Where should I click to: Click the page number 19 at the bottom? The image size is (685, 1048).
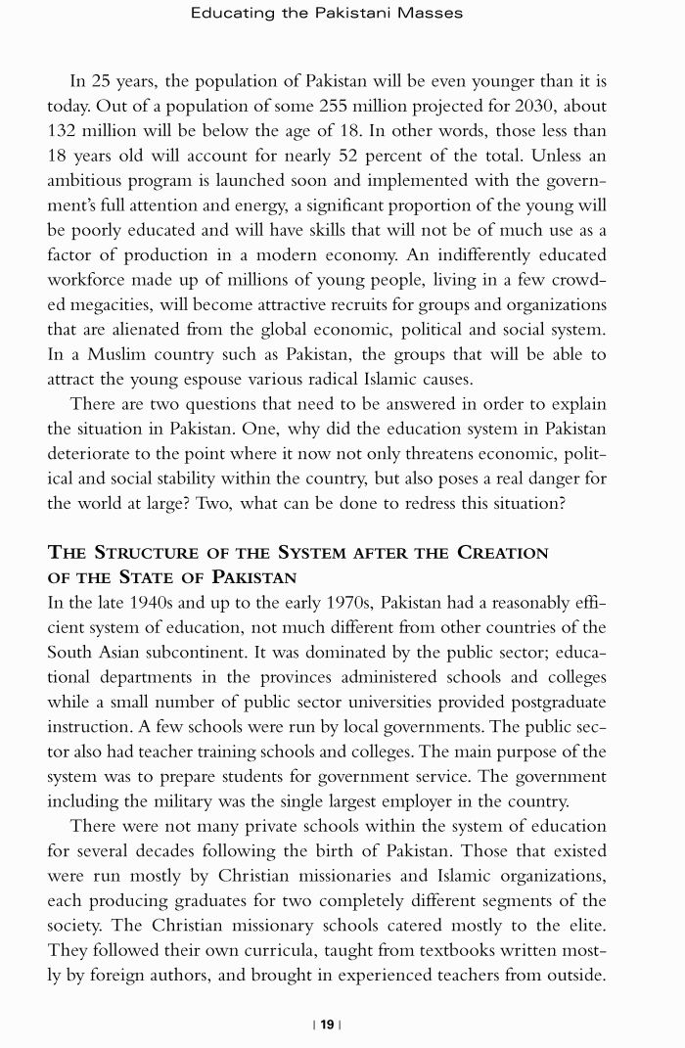[x=327, y=1025]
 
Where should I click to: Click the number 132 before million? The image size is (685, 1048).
[x=65, y=131]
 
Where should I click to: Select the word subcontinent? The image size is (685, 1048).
[x=190, y=652]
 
